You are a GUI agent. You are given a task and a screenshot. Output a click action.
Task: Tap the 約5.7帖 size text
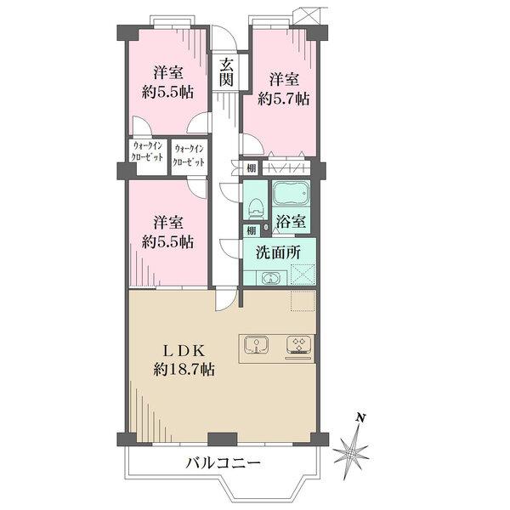284,99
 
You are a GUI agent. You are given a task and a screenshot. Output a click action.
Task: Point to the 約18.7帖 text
184,370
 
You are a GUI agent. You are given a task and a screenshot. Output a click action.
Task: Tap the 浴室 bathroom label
291,223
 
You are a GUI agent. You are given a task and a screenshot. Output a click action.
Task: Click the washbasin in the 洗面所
270,277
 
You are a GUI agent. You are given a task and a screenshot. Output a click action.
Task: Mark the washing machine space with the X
303,275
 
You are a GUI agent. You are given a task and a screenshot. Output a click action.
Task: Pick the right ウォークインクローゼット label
190,156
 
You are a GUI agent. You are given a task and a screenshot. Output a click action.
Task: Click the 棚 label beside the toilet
252,229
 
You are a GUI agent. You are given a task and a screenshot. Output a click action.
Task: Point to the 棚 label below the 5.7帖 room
252,167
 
